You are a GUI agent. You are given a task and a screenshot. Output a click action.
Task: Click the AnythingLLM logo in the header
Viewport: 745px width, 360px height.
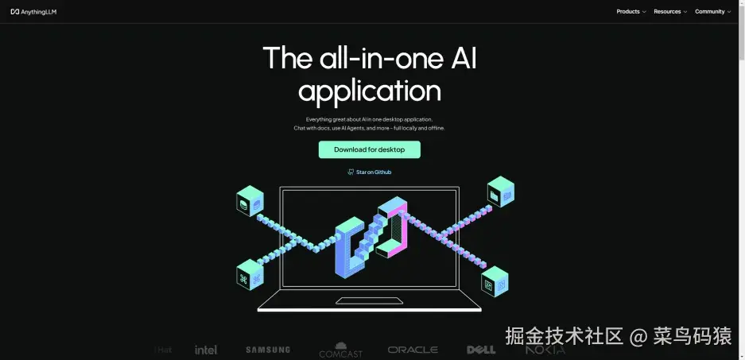(33, 12)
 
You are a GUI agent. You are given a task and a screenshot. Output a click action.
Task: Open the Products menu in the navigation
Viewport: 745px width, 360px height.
(631, 12)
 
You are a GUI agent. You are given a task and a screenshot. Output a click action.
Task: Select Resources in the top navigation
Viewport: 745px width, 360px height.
(670, 12)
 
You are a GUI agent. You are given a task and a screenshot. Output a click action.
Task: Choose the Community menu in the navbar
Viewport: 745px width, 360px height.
(712, 12)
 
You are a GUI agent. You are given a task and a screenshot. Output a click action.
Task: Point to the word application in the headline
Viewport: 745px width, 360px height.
(369, 91)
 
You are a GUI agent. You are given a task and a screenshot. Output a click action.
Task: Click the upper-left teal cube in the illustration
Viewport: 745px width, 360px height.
(250, 202)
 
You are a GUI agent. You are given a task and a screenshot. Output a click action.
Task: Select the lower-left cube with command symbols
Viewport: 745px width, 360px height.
(250, 275)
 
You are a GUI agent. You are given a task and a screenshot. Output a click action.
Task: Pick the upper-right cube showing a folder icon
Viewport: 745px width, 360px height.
(500, 192)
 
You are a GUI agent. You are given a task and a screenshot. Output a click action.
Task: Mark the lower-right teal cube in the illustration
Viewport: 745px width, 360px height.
(495, 281)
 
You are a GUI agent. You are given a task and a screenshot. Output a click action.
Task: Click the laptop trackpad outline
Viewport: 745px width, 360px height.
(369, 300)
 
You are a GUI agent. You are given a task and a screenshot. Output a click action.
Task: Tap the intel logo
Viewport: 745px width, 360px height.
(206, 350)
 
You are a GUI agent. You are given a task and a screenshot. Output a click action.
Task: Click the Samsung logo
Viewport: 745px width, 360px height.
(268, 350)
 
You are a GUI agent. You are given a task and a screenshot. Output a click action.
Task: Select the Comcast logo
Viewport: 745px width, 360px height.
(340, 350)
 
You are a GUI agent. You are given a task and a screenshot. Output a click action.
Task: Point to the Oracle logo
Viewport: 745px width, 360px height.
(413, 350)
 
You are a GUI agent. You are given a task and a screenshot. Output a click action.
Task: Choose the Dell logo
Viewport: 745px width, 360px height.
(481, 350)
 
